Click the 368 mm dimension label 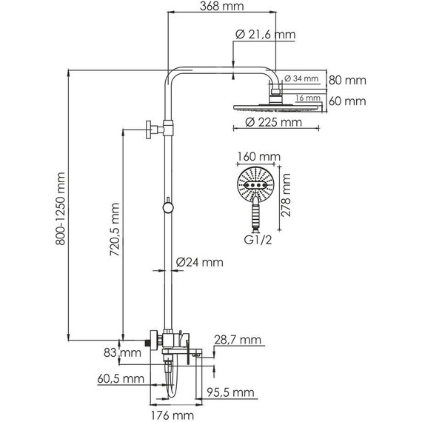coord(222,6)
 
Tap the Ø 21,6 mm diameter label coord(265,35)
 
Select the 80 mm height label coord(347,80)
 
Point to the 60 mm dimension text coord(347,101)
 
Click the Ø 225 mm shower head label coord(273,122)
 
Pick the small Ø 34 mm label coord(301,78)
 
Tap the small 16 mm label coord(308,98)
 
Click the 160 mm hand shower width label coord(259,156)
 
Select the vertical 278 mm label coord(286,195)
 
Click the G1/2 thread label coord(258,240)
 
